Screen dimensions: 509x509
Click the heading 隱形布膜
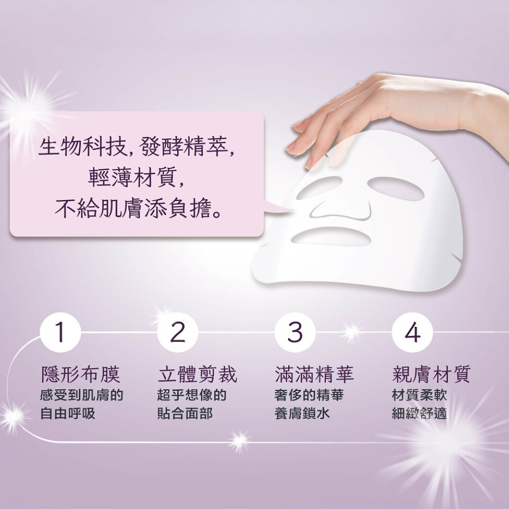click(x=80, y=375)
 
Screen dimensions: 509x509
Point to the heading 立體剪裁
click(x=197, y=375)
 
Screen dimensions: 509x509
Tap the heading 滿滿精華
click(x=314, y=375)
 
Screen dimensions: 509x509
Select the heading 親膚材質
click(x=431, y=375)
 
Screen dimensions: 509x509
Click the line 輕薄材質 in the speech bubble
click(x=136, y=178)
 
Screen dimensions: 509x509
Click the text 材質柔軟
click(x=419, y=395)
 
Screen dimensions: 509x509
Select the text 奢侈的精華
click(x=308, y=395)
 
